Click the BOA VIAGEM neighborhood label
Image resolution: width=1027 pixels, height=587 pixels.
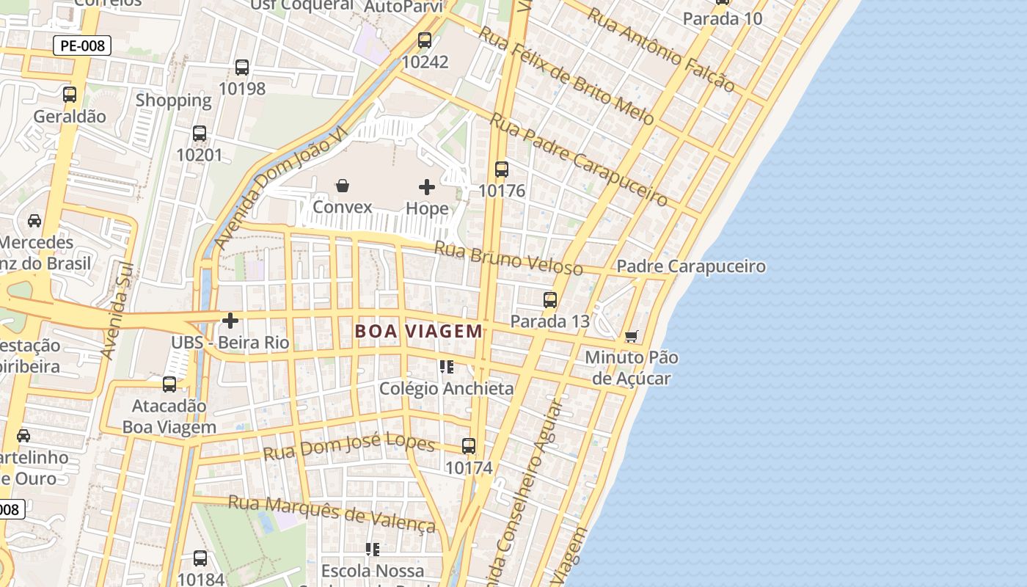pos(419,331)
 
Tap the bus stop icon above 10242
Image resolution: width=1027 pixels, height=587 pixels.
pos(425,40)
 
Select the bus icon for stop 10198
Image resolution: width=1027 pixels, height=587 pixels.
pos(242,68)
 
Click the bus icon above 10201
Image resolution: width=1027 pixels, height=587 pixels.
pos(200,134)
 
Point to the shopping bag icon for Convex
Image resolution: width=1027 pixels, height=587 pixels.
pos(342,186)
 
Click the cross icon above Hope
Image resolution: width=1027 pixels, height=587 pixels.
pos(426,187)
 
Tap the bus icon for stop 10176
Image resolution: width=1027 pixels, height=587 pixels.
pos(502,169)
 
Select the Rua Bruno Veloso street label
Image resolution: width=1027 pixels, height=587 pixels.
pos(508,258)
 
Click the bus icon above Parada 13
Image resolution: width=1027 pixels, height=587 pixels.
pos(550,299)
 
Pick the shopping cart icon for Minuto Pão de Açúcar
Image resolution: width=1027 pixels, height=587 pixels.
pos(631,337)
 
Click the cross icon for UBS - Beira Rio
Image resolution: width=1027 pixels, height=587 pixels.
pos(230,321)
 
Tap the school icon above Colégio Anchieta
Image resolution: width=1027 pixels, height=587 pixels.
pos(446,366)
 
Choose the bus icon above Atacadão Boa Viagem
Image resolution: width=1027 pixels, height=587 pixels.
pos(169,384)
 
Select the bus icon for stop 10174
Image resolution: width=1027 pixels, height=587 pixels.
pos(469,445)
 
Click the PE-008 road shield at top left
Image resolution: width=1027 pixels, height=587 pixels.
pos(82,45)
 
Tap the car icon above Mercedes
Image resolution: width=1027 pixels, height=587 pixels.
pos(34,221)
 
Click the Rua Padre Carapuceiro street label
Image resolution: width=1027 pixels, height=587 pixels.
pos(578,159)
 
